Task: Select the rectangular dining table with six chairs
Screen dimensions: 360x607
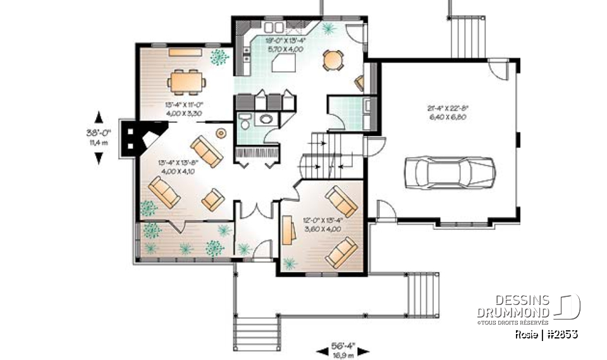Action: click(186, 81)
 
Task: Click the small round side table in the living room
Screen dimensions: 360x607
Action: click(221, 133)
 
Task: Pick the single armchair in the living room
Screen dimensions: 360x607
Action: click(212, 199)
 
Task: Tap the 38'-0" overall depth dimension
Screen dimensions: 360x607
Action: click(99, 137)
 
